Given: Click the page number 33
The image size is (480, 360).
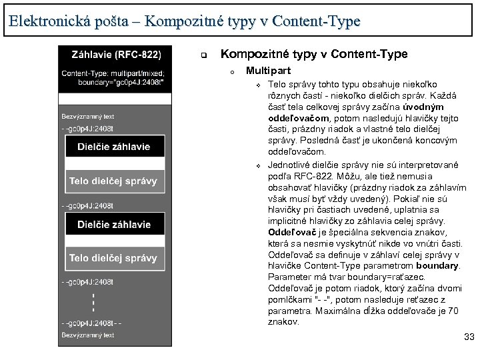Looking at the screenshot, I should coord(469,338).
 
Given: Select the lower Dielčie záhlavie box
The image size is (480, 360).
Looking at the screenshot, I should coord(114,225).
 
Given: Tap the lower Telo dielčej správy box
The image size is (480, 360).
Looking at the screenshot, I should coord(114,258).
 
